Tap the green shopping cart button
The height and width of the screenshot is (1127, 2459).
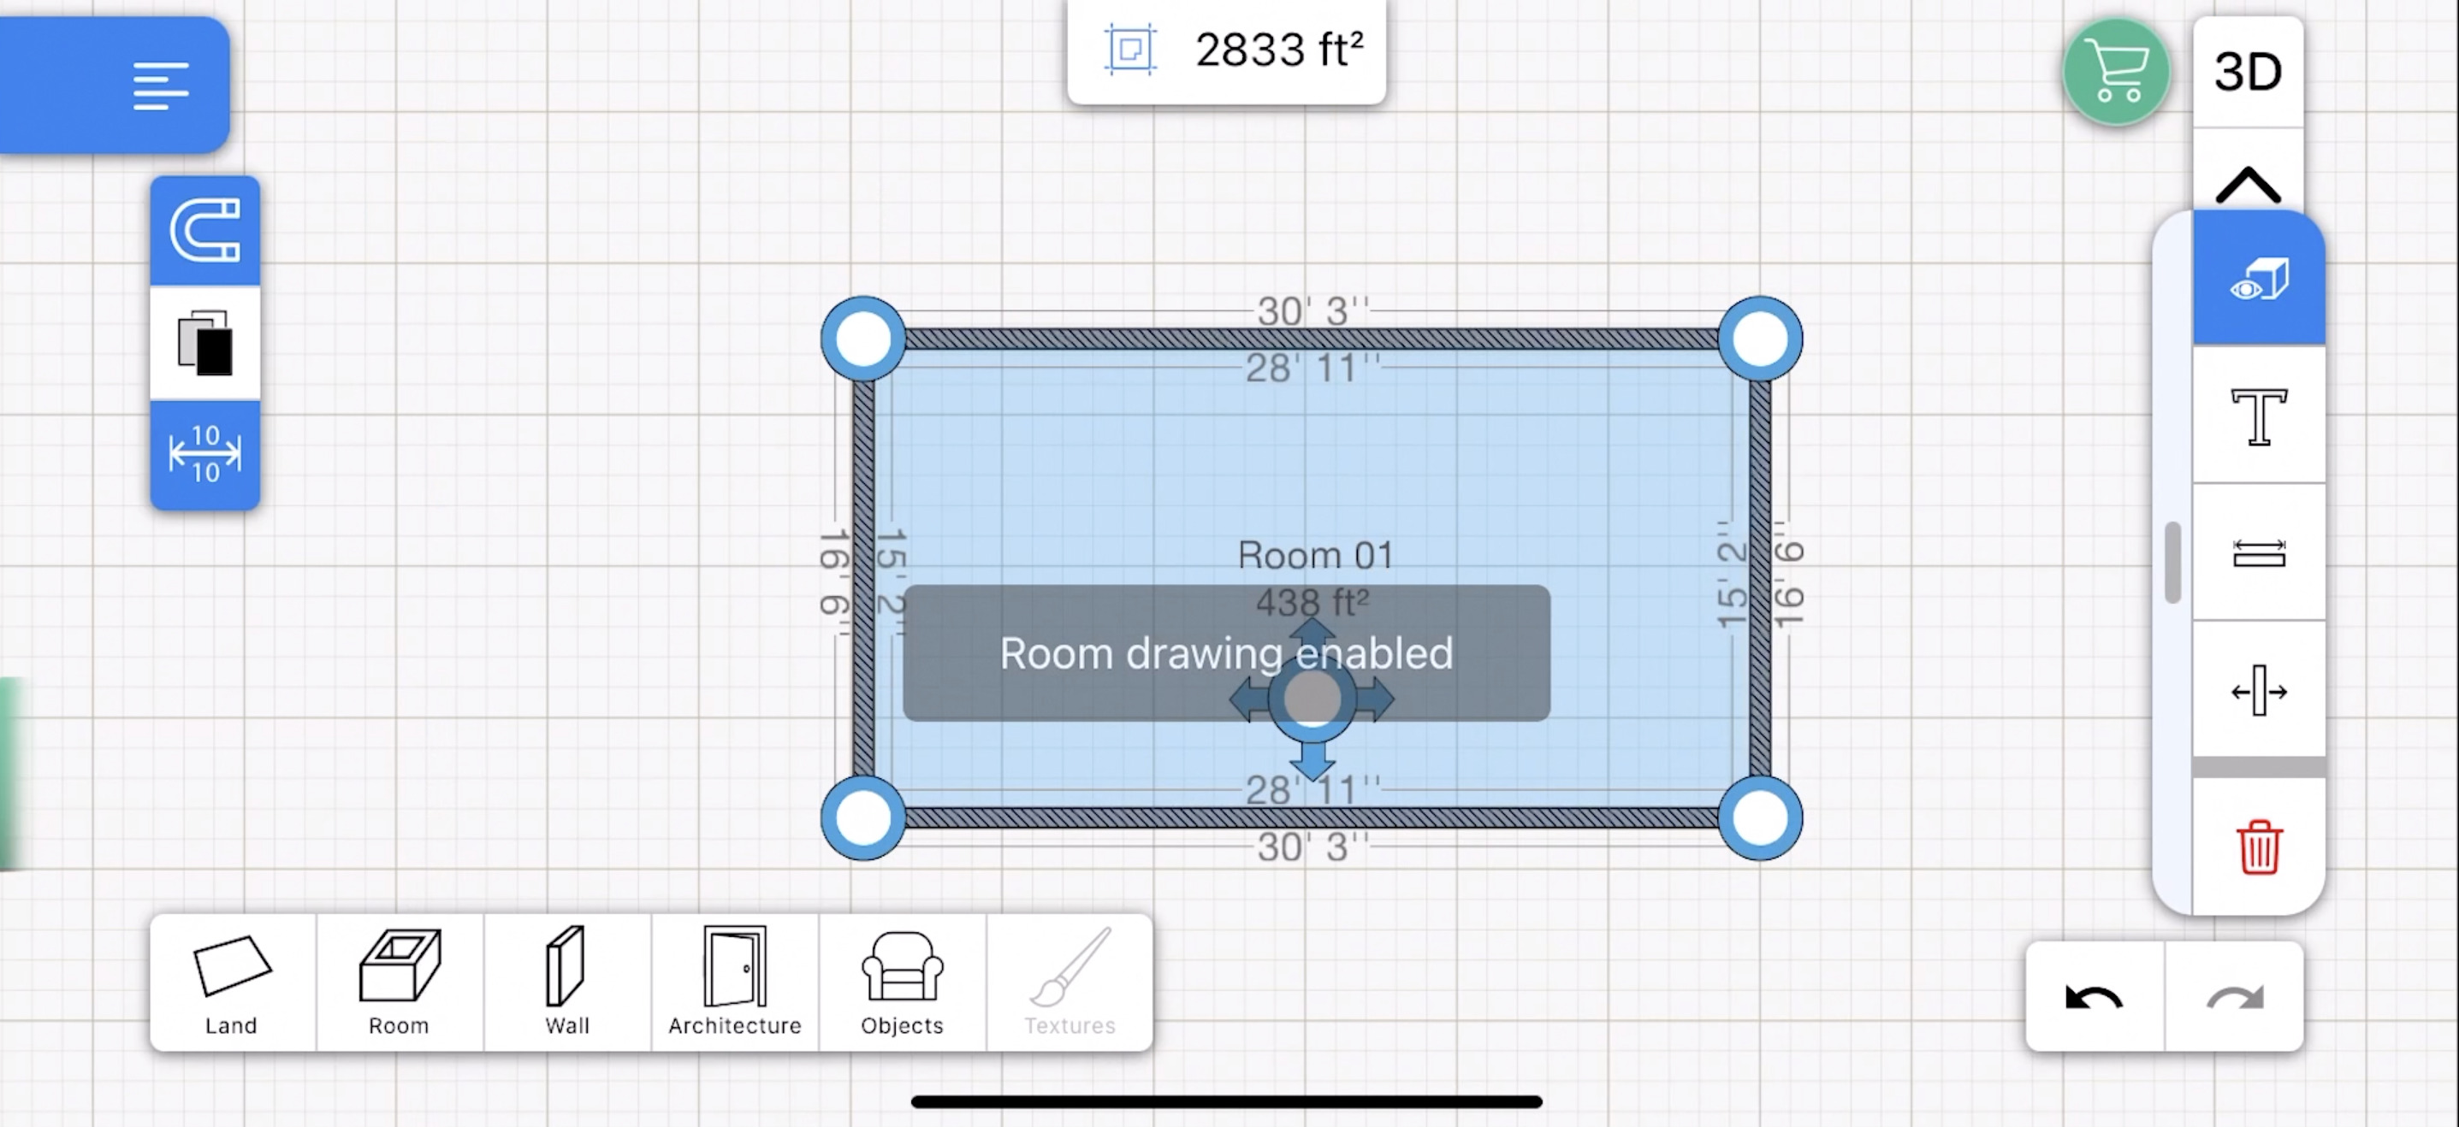click(2116, 72)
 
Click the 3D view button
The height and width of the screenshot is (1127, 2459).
click(2248, 72)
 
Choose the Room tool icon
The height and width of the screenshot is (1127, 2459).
click(400, 965)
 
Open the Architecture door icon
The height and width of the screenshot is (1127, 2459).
click(735, 965)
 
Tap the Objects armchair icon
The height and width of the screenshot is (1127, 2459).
click(902, 965)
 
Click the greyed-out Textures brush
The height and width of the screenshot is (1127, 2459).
click(1070, 965)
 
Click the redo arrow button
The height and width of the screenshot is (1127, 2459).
click(2235, 998)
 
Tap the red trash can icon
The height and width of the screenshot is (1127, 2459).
click(2259, 847)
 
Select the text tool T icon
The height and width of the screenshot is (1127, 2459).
click(2259, 416)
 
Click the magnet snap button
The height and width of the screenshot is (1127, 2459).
click(205, 230)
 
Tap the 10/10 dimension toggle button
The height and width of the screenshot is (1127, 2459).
click(205, 454)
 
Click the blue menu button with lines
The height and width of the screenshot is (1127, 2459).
click(115, 85)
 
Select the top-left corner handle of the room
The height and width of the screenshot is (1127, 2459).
click(863, 339)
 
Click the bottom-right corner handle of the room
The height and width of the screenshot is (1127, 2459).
click(1759, 817)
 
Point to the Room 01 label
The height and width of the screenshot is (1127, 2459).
click(1315, 556)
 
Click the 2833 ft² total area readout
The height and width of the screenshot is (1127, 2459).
click(1279, 50)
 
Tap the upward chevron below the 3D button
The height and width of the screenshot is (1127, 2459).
click(2248, 184)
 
